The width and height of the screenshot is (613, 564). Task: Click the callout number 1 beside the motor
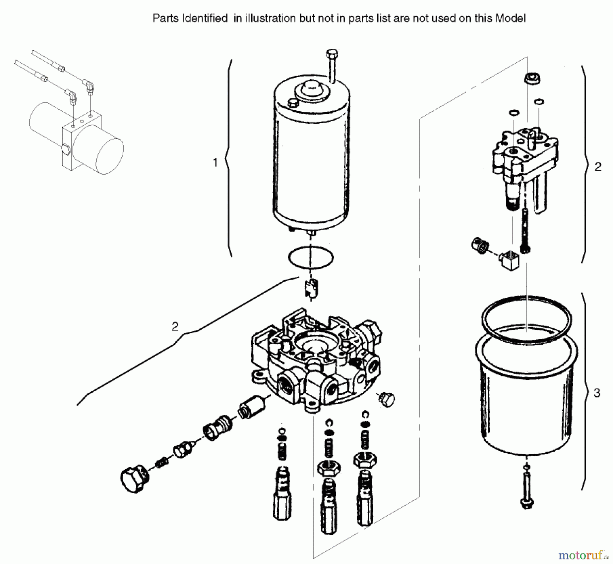215,162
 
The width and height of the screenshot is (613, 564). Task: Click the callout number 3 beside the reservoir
597,393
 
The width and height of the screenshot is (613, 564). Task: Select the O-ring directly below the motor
311,257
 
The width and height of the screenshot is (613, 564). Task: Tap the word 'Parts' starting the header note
166,18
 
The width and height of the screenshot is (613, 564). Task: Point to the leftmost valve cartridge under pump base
283,494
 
